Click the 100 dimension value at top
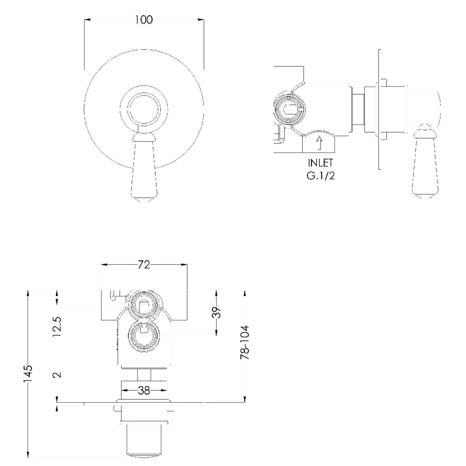point(144,20)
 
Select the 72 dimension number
point(144,265)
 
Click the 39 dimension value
point(217,312)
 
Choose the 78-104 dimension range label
point(245,343)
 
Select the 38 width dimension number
point(144,390)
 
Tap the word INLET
point(320,162)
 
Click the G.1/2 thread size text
point(320,175)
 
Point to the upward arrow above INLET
point(320,142)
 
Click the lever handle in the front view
point(145,169)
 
